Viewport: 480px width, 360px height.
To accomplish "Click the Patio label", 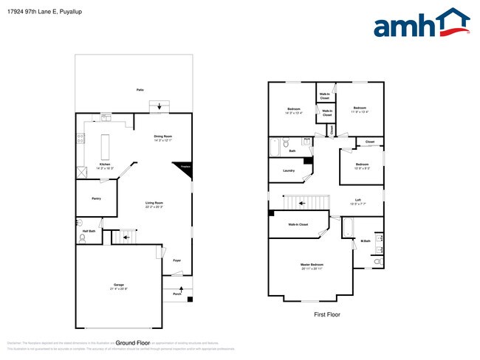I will (x=140, y=89).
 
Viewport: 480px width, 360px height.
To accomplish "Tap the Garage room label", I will (x=118, y=285).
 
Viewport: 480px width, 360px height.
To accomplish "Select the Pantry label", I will (x=96, y=198).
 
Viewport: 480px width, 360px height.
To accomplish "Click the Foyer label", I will (x=176, y=260).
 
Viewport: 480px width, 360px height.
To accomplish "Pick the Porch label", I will (x=176, y=294).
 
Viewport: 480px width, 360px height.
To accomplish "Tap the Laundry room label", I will (x=289, y=170).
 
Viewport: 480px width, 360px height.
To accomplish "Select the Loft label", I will (x=357, y=201).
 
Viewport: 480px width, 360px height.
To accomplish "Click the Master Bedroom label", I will (x=312, y=266).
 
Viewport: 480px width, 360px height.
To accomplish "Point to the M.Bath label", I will (x=365, y=240).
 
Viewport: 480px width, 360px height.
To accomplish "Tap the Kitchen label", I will (x=105, y=166).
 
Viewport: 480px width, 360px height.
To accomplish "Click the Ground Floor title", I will (x=133, y=343).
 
